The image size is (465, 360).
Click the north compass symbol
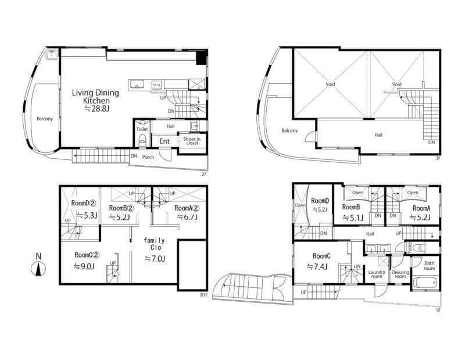click(x=38, y=269)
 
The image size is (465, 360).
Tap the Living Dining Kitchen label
click(x=95, y=97)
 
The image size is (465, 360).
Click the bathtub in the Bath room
click(x=425, y=282)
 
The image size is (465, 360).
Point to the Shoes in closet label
click(x=192, y=141)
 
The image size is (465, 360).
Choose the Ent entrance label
click(x=164, y=141)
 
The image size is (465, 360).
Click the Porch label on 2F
click(x=148, y=157)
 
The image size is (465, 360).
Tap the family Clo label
click(x=154, y=244)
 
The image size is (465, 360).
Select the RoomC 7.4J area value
click(x=317, y=266)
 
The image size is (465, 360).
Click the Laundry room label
click(x=377, y=275)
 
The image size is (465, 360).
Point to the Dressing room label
click(x=400, y=275)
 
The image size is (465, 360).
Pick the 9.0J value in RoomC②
click(x=84, y=266)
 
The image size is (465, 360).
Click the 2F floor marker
click(x=204, y=174)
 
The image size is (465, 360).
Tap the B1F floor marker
click(x=203, y=295)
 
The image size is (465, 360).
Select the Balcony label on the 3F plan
click(x=289, y=131)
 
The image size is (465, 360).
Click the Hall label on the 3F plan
click(x=378, y=135)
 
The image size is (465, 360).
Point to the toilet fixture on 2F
click(x=142, y=139)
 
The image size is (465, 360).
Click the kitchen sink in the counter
click(x=137, y=85)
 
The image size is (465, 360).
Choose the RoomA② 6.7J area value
click(x=187, y=217)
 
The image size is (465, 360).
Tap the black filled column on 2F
click(x=201, y=58)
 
